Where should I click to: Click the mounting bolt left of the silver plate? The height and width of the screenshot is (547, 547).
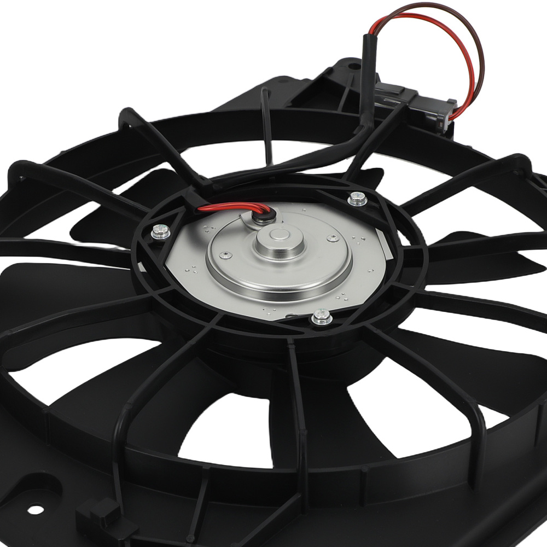pyautogui.click(x=159, y=232)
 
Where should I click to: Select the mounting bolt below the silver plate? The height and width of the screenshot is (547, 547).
pyautogui.click(x=321, y=317)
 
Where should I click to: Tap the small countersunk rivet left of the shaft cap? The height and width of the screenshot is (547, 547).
pyautogui.click(x=224, y=254)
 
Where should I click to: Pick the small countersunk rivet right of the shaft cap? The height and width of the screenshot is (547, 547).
pyautogui.click(x=331, y=238)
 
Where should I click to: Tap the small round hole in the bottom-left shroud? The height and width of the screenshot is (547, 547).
pyautogui.click(x=35, y=509)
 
